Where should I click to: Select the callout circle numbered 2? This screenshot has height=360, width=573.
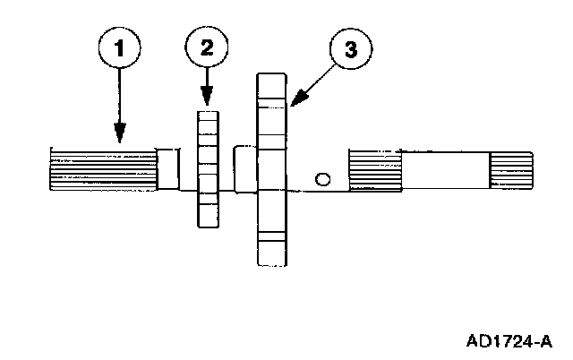tap(207, 47)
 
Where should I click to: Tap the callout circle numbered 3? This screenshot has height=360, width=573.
tap(350, 51)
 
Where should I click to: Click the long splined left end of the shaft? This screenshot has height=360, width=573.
tap(100, 168)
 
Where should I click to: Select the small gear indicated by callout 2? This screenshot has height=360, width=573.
tap(207, 168)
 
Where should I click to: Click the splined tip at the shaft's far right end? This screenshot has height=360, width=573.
tap(511, 172)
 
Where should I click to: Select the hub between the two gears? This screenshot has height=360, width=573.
tap(244, 168)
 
